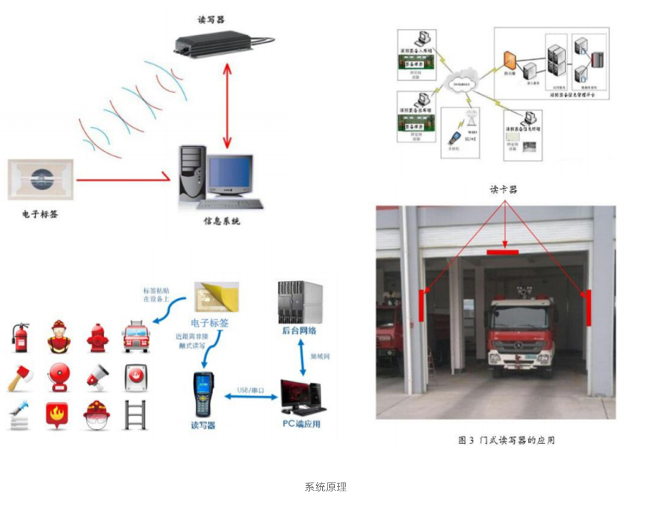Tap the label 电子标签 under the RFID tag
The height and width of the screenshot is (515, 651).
40,214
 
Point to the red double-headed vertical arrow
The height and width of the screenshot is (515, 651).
227,104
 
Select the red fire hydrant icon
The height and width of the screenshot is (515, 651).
97,337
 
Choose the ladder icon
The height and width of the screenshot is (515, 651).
135,415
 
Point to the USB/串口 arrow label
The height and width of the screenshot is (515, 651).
250,390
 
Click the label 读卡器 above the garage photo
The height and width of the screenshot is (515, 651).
503,190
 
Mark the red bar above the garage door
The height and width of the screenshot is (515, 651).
502,252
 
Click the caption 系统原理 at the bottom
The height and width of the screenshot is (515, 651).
325,487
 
